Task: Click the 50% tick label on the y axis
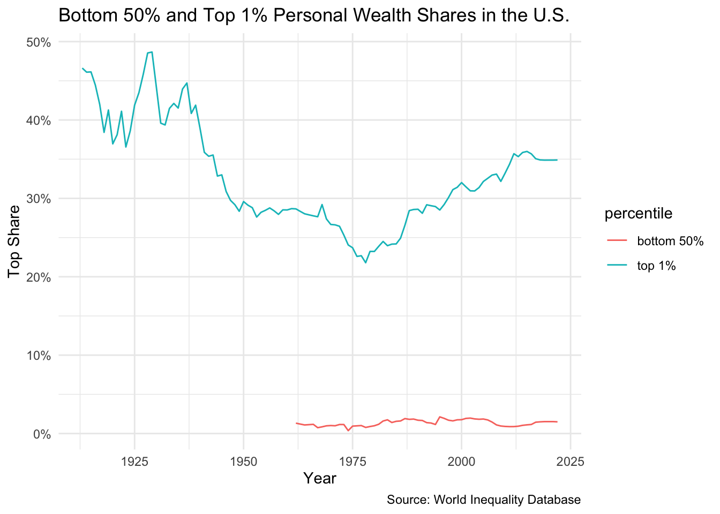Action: [x=39, y=42]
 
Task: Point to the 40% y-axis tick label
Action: [x=39, y=120]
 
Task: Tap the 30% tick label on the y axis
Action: [x=39, y=199]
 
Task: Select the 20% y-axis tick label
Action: [x=39, y=277]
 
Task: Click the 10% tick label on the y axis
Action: [x=39, y=356]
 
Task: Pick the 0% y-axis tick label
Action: [x=42, y=434]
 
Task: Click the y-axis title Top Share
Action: [x=15, y=241]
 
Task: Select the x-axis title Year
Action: [x=320, y=478]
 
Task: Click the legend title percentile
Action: [x=639, y=214]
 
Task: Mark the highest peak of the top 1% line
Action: [x=152, y=52]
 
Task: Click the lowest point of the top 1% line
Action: [x=365, y=263]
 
